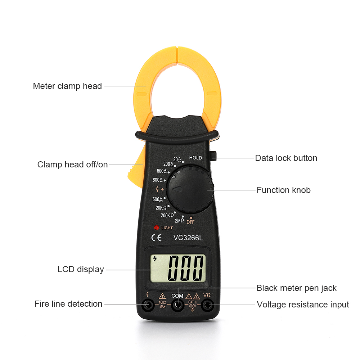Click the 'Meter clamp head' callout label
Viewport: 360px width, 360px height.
[67, 86]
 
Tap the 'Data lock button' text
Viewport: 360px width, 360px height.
[286, 158]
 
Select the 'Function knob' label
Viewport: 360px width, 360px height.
[283, 190]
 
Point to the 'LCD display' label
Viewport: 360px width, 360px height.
[81, 269]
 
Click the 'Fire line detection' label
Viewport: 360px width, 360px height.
[68, 304]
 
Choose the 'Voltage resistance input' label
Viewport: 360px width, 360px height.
[303, 305]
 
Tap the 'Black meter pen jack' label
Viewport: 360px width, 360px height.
[296, 288]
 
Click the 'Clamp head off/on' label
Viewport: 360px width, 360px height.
[72, 165]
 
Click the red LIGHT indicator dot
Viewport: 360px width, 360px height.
[156, 228]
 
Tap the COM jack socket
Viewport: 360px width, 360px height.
[177, 306]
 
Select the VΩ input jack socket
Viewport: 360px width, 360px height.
[207, 306]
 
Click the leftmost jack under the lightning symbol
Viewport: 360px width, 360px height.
[147, 306]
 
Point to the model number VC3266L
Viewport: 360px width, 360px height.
[188, 238]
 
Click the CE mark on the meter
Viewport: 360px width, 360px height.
[156, 238]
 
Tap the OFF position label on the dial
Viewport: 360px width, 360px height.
[190, 222]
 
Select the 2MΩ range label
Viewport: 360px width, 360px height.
[179, 221]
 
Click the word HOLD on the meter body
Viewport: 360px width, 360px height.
[195, 158]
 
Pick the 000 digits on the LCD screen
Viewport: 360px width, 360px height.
[186, 268]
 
